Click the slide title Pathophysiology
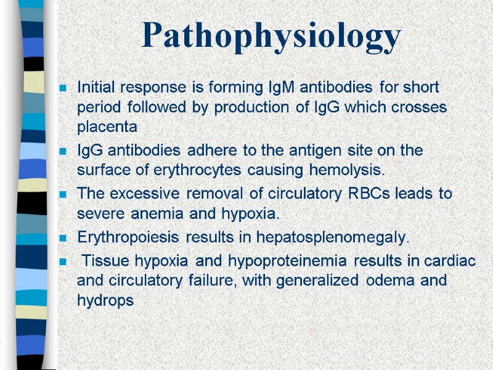(x=271, y=36)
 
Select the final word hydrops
(x=105, y=302)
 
